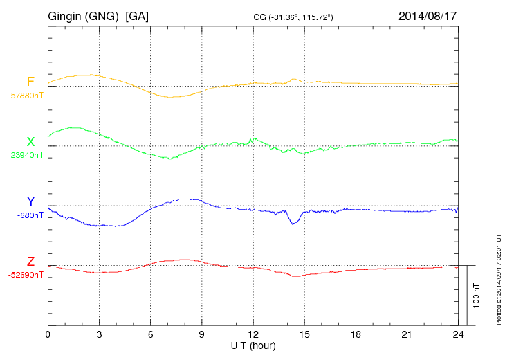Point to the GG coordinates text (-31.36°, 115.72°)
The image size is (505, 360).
click(294, 17)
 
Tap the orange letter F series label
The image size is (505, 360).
click(30, 82)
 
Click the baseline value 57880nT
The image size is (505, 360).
click(26, 95)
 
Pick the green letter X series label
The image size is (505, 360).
click(30, 143)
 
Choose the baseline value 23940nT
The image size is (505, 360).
click(26, 155)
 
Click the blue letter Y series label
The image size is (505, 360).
click(30, 201)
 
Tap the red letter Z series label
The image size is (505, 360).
click(30, 262)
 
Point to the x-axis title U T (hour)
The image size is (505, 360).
click(253, 345)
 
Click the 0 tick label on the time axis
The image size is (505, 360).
click(48, 335)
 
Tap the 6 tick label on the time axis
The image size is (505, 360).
click(151, 335)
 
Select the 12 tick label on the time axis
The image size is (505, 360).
click(253, 335)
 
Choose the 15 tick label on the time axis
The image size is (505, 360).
click(304, 335)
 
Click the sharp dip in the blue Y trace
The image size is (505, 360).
click(293, 223)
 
